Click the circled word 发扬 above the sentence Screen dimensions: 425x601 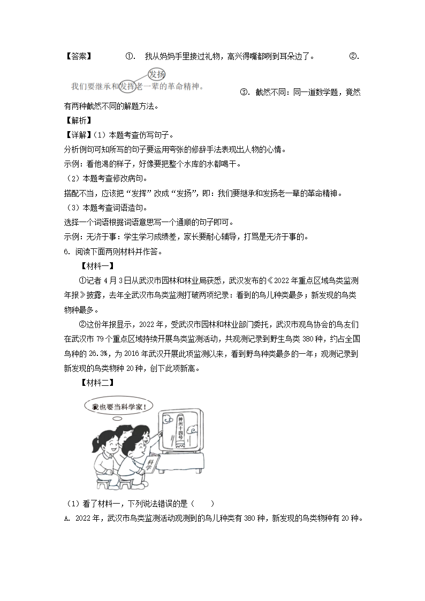coord(157,74)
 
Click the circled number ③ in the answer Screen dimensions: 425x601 coord(244,92)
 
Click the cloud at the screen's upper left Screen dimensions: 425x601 coord(166,415)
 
